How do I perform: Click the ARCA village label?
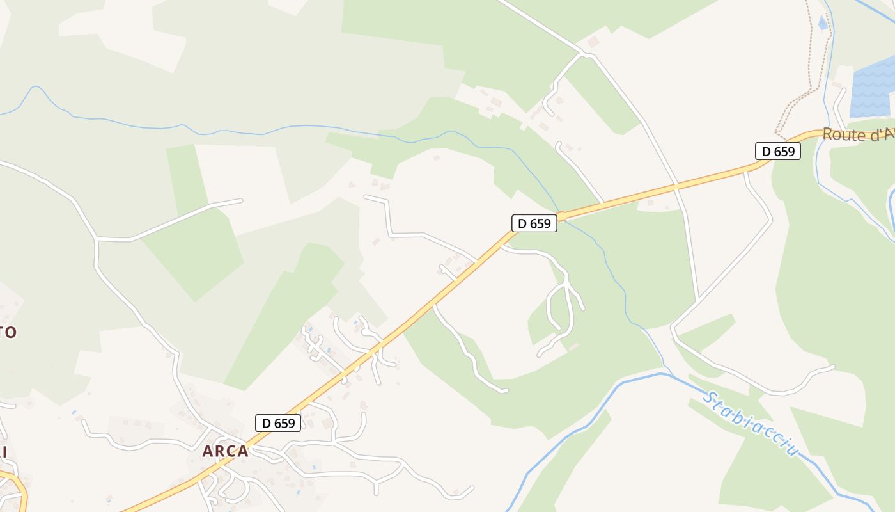click(225, 451)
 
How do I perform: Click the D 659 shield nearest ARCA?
click(278, 423)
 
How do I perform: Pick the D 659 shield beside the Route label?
click(778, 151)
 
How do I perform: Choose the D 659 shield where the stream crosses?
click(534, 223)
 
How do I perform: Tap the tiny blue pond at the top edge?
click(823, 23)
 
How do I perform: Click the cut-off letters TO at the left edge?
click(8, 332)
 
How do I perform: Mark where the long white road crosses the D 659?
click(676, 188)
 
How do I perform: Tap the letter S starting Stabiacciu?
click(708, 399)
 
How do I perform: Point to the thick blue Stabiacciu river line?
click(575, 422)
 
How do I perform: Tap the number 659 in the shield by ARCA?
click(285, 423)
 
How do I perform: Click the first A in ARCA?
click(208, 451)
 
